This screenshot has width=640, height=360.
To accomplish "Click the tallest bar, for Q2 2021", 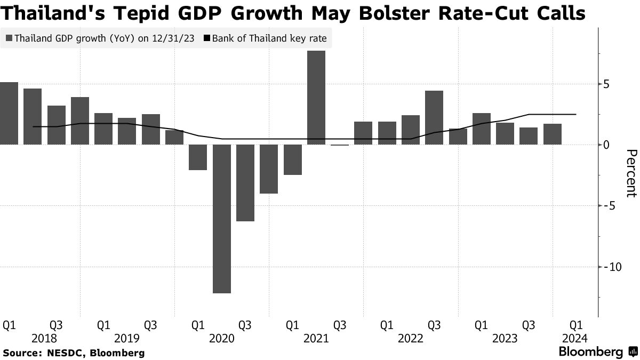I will click(x=316, y=98).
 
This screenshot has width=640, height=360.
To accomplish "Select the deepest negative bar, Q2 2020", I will click(x=222, y=219).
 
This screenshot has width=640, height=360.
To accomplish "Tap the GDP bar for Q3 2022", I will click(x=434, y=117).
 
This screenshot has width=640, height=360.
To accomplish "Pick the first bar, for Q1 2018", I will click(x=9, y=113).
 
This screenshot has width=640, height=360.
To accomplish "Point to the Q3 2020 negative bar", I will click(x=245, y=182).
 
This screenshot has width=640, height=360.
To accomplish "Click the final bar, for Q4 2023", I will click(x=552, y=134).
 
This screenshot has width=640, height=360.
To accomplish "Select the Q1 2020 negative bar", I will click(x=198, y=157).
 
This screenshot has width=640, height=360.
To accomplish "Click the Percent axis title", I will click(x=630, y=173).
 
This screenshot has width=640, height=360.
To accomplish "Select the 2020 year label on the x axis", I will click(x=221, y=338).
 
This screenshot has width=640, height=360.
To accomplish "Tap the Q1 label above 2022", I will click(x=387, y=325).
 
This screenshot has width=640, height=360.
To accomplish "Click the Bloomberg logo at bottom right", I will click(x=597, y=352).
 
